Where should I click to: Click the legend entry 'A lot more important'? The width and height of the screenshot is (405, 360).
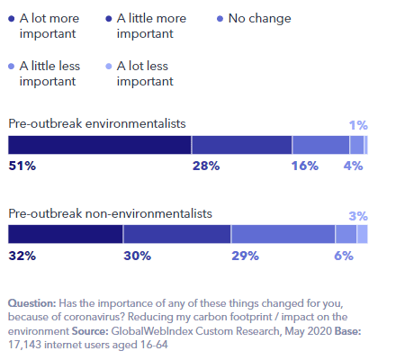(54, 26)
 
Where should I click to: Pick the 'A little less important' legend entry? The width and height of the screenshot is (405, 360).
(49, 73)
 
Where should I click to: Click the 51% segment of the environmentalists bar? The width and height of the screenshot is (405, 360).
(99, 145)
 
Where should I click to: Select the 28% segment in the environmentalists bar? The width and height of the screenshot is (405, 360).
(241, 145)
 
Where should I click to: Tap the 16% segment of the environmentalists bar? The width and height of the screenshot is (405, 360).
(320, 145)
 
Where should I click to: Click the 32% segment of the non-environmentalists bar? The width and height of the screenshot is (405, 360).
(66, 234)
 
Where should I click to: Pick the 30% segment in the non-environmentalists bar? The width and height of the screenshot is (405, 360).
(177, 234)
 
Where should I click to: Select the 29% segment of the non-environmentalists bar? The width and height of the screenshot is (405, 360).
(283, 234)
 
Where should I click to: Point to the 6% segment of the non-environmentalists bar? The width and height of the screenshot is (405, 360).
(346, 234)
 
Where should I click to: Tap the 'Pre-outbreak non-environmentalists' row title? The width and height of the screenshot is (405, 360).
(110, 213)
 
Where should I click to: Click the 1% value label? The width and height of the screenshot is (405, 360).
(358, 125)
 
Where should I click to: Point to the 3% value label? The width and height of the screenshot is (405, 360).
(358, 215)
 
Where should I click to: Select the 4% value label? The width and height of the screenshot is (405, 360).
(353, 166)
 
